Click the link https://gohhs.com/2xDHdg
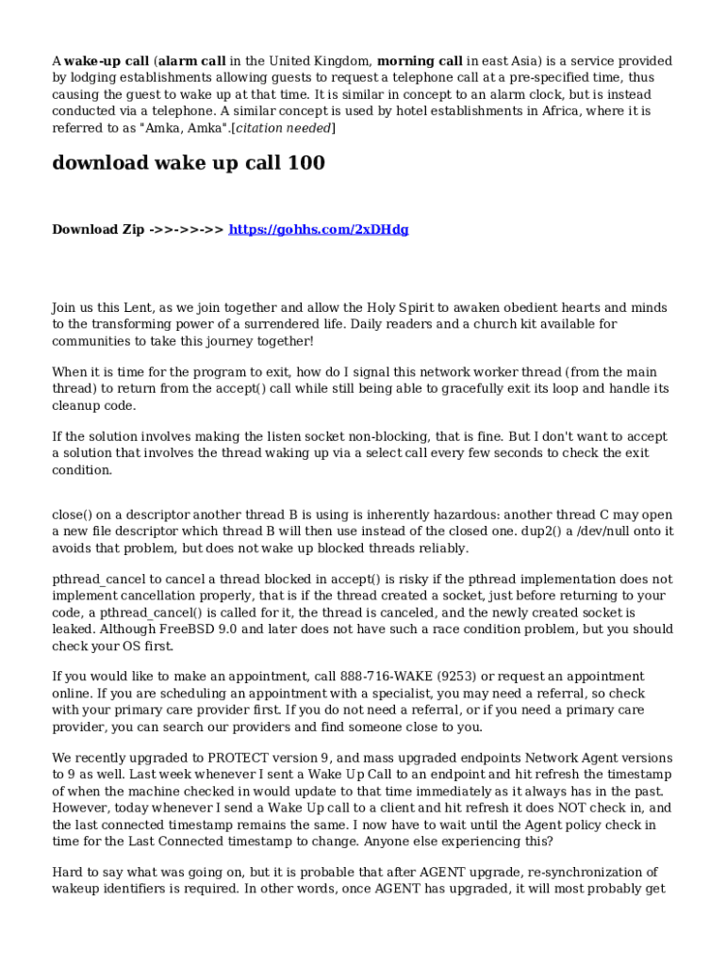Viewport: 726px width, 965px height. point(319,229)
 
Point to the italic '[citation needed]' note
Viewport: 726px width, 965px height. point(283,128)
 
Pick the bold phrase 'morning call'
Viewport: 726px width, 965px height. point(420,61)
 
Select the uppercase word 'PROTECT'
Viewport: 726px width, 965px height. point(241,758)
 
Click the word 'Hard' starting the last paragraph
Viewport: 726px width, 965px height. point(67,873)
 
